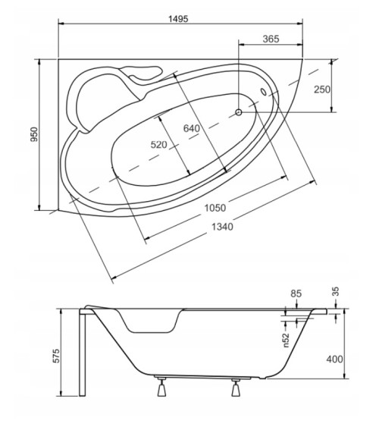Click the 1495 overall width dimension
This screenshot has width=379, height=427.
click(178, 19)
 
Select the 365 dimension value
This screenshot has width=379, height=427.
click(271, 39)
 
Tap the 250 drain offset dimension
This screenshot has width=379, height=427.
click(322, 89)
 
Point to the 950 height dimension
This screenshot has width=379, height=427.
click(34, 134)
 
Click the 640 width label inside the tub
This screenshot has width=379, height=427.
click(192, 128)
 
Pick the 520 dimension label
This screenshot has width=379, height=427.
click(159, 145)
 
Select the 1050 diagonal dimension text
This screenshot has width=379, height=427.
click(215, 208)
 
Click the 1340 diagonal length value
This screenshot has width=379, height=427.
click(222, 227)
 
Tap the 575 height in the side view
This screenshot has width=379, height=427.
click(55, 356)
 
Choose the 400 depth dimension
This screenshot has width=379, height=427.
click(334, 359)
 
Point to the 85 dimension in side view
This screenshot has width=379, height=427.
click(296, 294)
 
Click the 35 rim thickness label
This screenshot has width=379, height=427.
click(336, 291)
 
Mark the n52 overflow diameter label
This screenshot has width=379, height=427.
click(286, 341)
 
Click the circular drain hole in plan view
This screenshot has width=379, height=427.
click(239, 112)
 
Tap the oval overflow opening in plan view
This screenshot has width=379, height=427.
click(264, 92)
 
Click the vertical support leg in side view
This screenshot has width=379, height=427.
click(83, 352)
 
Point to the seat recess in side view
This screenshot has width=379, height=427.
click(150, 322)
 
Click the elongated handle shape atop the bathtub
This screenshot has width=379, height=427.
click(142, 73)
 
